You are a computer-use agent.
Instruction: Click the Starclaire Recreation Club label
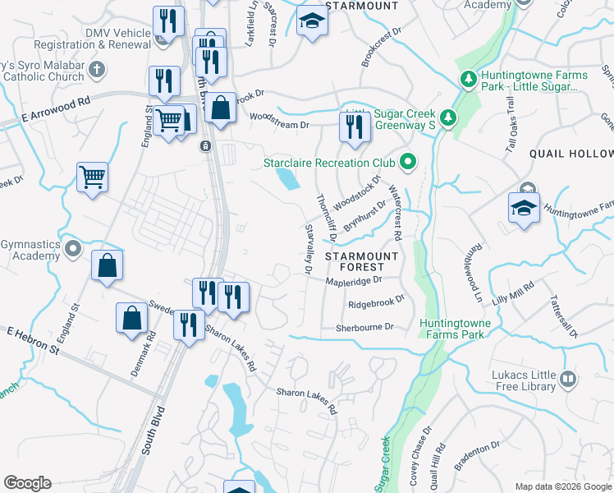330,162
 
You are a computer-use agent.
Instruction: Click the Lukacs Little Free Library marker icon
568,379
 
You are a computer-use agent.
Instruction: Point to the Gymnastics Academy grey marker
74,247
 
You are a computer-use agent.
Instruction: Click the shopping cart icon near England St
92,175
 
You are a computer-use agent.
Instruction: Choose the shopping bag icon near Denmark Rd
131,317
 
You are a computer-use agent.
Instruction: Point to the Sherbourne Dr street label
364,327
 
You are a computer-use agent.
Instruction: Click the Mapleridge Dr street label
355,280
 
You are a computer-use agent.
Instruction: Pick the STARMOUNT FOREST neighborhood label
361,261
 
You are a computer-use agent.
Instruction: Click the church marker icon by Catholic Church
97,68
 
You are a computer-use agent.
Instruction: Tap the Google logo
27,483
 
